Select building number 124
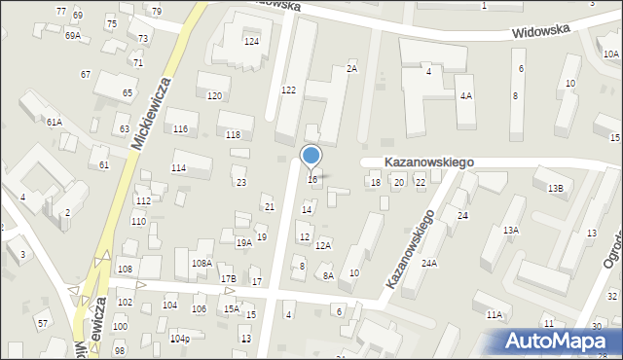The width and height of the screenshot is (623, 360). (x=251, y=42)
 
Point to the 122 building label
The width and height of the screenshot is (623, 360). (x=288, y=90)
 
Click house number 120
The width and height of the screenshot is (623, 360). (x=214, y=95)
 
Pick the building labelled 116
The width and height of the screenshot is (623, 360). (x=180, y=128)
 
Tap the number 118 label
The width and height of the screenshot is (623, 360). (x=233, y=134)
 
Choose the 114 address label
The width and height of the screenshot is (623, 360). (x=178, y=168)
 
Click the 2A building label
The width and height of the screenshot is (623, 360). (x=352, y=69)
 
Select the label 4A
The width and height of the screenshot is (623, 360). (x=466, y=95)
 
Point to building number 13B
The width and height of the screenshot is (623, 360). (x=555, y=188)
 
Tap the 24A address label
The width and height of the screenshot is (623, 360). (x=428, y=264)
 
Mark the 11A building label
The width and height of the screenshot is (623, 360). (x=495, y=314)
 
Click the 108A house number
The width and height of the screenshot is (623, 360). (x=202, y=263)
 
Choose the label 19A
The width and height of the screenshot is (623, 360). (x=243, y=243)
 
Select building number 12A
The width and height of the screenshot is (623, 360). (x=323, y=246)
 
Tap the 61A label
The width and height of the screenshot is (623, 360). (x=54, y=122)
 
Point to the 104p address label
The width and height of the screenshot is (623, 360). (x=179, y=339)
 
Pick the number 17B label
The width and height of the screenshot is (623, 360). (x=228, y=279)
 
